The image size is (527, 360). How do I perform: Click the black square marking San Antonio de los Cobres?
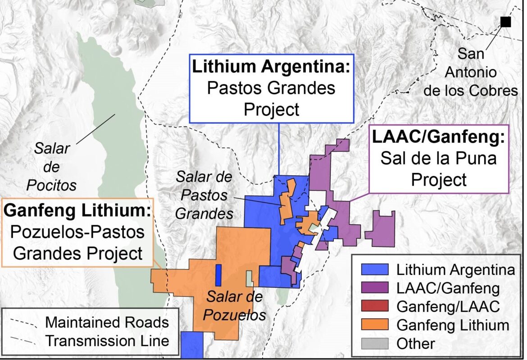(x=505, y=22)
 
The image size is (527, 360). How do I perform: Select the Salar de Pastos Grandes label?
(x=204, y=195)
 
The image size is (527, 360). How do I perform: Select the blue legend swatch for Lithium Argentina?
(x=375, y=270)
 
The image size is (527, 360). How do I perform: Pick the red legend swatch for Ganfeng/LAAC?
(x=375, y=307)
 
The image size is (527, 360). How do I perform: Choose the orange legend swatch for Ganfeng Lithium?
(x=375, y=325)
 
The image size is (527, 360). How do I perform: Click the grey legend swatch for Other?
(x=375, y=343)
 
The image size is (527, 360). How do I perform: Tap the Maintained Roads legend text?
(x=107, y=323)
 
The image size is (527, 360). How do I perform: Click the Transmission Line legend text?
(x=107, y=341)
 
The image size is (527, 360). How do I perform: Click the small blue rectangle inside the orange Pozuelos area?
(x=218, y=275)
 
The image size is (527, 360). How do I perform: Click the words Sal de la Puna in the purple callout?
(x=438, y=159)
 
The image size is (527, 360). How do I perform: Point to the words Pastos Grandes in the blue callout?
(x=271, y=88)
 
